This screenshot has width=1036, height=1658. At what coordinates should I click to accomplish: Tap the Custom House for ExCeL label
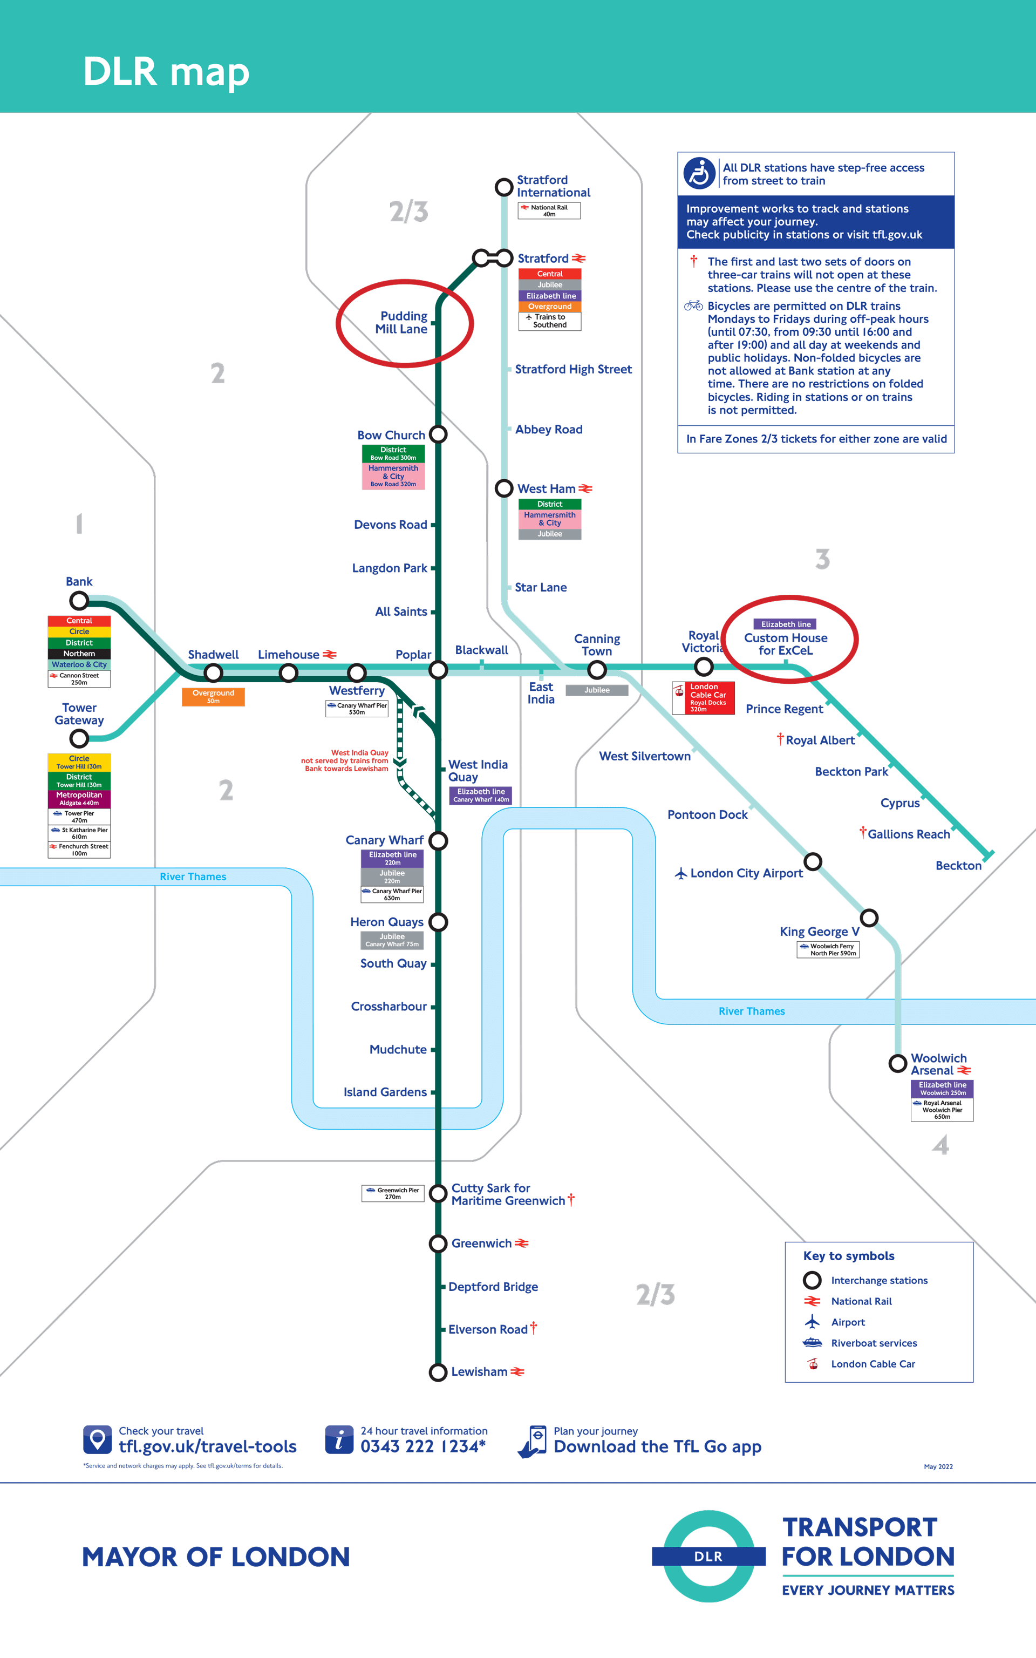[786, 644]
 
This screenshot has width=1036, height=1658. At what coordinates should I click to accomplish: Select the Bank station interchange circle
[79, 601]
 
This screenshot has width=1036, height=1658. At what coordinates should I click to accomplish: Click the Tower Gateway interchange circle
[79, 738]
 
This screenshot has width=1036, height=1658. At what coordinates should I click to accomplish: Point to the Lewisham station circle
[438, 1372]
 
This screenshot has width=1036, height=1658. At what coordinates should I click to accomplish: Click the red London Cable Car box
[703, 698]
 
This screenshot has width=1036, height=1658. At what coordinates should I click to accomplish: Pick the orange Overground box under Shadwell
[213, 697]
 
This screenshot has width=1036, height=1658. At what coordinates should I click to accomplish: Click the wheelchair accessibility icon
[700, 173]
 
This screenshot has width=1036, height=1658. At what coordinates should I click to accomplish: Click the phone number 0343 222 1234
[422, 1446]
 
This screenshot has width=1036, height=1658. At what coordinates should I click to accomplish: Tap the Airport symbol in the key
[812, 1322]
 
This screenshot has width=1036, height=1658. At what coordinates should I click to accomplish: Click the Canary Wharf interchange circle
[438, 841]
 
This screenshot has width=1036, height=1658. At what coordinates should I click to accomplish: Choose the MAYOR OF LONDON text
[216, 1557]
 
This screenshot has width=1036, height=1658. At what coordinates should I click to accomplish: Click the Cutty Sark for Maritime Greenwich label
[508, 1194]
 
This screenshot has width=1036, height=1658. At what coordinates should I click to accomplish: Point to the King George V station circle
[869, 918]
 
